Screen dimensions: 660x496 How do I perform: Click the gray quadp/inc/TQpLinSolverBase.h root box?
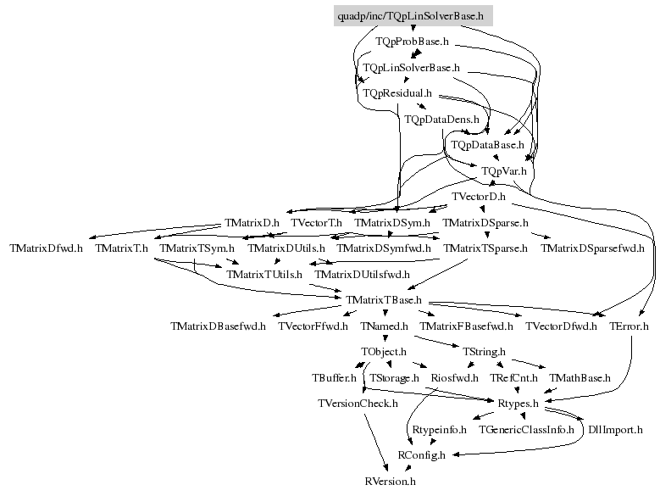(x=413, y=16)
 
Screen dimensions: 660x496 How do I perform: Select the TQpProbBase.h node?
(x=412, y=42)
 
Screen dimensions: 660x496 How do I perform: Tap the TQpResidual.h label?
(x=397, y=93)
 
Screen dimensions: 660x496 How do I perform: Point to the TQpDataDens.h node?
(x=441, y=120)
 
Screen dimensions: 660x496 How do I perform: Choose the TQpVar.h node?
(x=504, y=171)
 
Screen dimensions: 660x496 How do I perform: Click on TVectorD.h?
(x=479, y=197)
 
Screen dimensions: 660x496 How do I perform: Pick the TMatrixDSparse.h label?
(x=485, y=223)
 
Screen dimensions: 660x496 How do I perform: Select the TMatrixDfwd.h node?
(x=47, y=248)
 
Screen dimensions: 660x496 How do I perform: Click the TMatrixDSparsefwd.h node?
(x=592, y=248)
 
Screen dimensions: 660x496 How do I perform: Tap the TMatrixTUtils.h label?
(x=264, y=275)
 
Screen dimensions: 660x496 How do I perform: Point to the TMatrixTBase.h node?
(x=384, y=300)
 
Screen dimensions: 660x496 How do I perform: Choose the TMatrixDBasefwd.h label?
(x=218, y=326)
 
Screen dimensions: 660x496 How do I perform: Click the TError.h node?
(x=629, y=326)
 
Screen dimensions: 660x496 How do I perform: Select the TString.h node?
(x=484, y=352)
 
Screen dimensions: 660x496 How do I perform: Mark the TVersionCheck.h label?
(x=358, y=404)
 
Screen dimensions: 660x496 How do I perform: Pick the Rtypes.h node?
(x=519, y=404)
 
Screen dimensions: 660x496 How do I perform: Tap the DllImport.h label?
(x=615, y=430)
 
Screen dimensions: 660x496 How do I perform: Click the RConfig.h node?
(x=421, y=455)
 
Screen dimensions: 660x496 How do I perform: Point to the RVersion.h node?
(x=391, y=482)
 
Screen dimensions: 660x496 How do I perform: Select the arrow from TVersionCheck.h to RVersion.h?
(x=376, y=443)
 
